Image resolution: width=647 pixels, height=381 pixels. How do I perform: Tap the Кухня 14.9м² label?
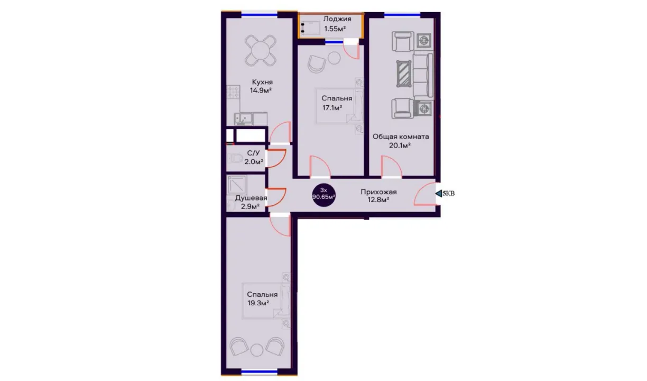point(261,86)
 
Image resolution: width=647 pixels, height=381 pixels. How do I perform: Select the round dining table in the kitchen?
point(261,51)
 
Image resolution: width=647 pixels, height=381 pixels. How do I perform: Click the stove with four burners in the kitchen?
point(233,92)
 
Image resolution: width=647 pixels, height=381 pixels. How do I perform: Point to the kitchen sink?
point(244,119)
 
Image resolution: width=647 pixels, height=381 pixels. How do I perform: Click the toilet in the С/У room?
point(236,158)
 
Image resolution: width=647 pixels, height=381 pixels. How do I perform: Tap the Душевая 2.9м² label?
point(251,202)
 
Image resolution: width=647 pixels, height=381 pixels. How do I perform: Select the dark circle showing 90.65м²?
point(323,195)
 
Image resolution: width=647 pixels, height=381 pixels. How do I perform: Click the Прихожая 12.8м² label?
point(378,196)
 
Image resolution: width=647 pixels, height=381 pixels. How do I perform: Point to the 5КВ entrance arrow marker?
point(445,193)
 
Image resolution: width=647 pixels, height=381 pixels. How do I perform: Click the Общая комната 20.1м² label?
point(400,141)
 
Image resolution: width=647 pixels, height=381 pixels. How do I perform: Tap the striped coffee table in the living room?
point(404,74)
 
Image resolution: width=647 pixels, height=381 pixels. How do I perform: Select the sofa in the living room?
point(423,76)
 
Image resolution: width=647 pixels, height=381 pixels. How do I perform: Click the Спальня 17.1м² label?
point(337,103)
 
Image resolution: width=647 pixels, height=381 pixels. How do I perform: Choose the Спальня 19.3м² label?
point(262,298)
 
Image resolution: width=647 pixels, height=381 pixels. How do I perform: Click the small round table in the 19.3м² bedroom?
point(257,350)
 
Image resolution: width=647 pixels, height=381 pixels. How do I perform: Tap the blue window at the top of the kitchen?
point(260,14)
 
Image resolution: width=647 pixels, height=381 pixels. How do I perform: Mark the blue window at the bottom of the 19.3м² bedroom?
point(260,372)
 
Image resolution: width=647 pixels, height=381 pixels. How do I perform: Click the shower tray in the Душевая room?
point(237,184)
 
